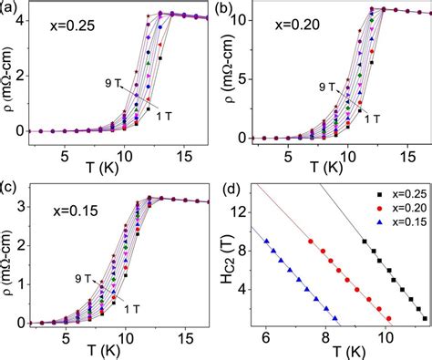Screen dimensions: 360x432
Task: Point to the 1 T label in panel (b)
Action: coord(370,118)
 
